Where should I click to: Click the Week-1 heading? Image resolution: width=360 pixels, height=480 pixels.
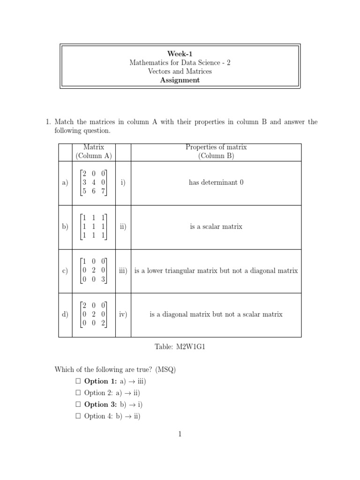pos(180,53)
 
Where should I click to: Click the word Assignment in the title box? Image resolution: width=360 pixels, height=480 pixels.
pos(180,80)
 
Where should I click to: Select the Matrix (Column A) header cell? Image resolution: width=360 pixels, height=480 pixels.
pos(93,151)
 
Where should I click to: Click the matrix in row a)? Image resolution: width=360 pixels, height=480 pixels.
pos(93,182)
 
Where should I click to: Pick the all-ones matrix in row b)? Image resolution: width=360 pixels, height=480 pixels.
pos(93,226)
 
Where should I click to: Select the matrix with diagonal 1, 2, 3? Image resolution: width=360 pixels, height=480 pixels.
pos(93,270)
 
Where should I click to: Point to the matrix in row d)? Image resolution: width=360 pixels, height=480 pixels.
pos(93,315)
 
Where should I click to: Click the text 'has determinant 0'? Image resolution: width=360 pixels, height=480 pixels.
pos(216,182)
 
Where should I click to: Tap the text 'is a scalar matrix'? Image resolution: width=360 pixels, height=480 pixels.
pos(216,226)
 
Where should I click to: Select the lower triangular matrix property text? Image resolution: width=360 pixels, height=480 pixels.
pos(216,271)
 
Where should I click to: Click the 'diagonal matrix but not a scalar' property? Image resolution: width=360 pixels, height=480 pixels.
pos(216,315)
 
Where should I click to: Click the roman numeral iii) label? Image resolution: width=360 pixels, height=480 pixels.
pos(123,271)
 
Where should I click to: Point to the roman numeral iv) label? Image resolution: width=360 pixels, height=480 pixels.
pos(123,315)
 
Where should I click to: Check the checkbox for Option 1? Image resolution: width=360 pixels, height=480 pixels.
pos(78,382)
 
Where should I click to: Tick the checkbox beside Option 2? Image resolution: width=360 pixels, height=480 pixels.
pos(78,393)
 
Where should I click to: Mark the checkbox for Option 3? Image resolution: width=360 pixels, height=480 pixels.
pos(78,405)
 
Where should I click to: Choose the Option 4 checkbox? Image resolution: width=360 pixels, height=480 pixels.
pos(78,416)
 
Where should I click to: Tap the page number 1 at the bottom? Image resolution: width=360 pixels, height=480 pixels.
pos(180,434)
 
